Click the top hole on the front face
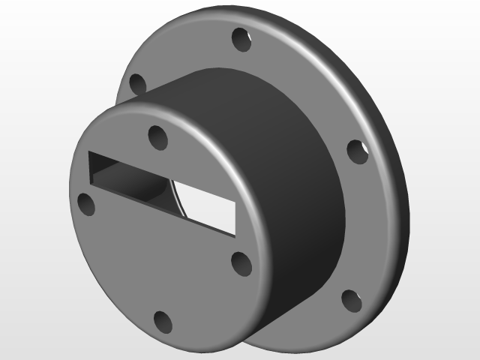(x=157, y=137)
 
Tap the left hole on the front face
(x=87, y=204)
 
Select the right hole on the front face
(x=241, y=263)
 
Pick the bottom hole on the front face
(x=163, y=322)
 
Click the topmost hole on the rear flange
(x=241, y=39)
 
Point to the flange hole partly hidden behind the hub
(x=136, y=84)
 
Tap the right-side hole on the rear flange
(x=358, y=151)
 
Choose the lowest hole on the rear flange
(x=351, y=301)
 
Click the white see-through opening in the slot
(x=206, y=203)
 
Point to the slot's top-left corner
(x=89, y=152)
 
